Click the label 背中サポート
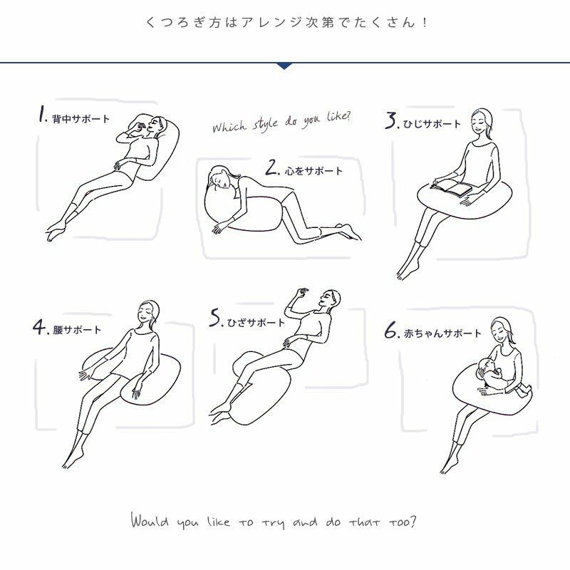(x=81, y=119)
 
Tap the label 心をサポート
(x=313, y=171)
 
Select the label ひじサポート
(x=432, y=124)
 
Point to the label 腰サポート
(x=77, y=330)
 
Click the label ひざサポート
(x=256, y=323)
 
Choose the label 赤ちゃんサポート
(x=442, y=333)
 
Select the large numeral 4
(x=39, y=326)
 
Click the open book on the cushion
(x=452, y=188)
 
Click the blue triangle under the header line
(x=284, y=66)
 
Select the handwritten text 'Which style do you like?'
(x=281, y=121)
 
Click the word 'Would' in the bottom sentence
(x=150, y=520)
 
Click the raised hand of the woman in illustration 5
(x=301, y=293)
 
